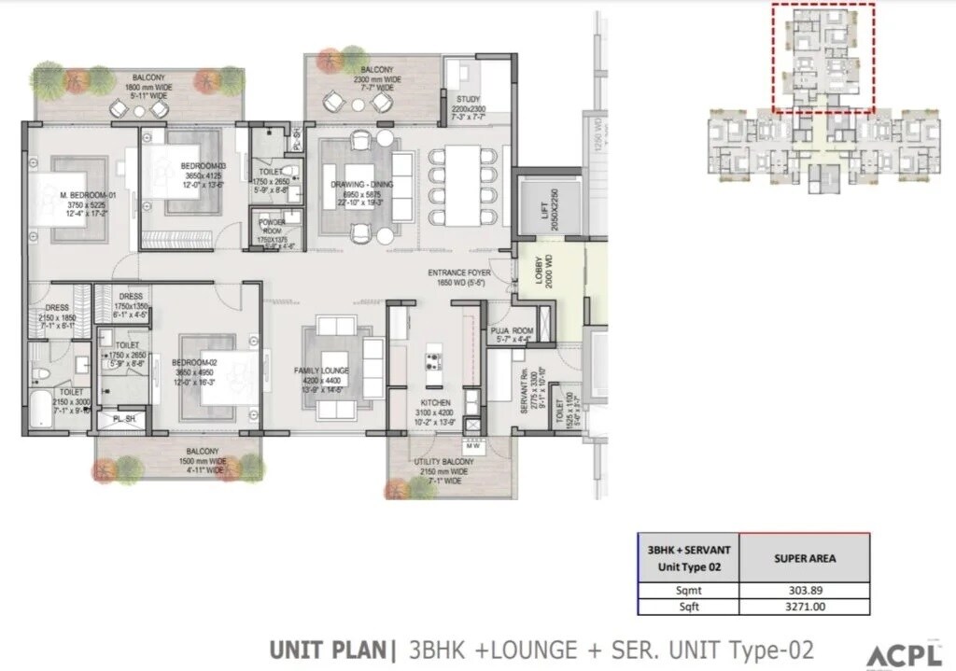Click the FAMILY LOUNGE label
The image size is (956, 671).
coord(322,370)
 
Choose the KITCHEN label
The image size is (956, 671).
coord(434,402)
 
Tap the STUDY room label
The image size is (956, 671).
coord(468,99)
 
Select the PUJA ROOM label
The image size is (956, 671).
coord(512,330)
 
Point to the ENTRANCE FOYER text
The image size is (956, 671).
coord(459,273)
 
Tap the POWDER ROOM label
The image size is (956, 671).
coord(274,225)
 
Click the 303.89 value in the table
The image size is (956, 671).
coord(804,590)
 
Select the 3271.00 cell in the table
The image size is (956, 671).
coord(804,607)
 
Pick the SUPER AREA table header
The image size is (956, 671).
coord(804,558)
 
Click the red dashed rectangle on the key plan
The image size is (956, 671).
coord(822,56)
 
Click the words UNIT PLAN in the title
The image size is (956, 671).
coord(330,650)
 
